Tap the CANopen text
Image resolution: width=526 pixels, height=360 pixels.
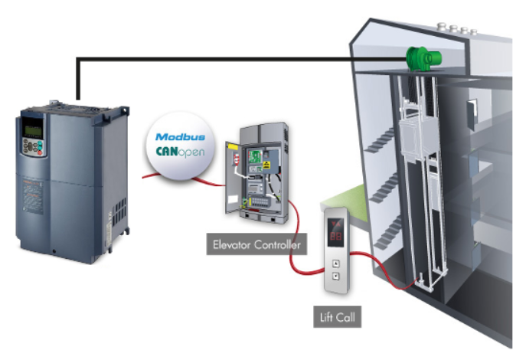(177, 153)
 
